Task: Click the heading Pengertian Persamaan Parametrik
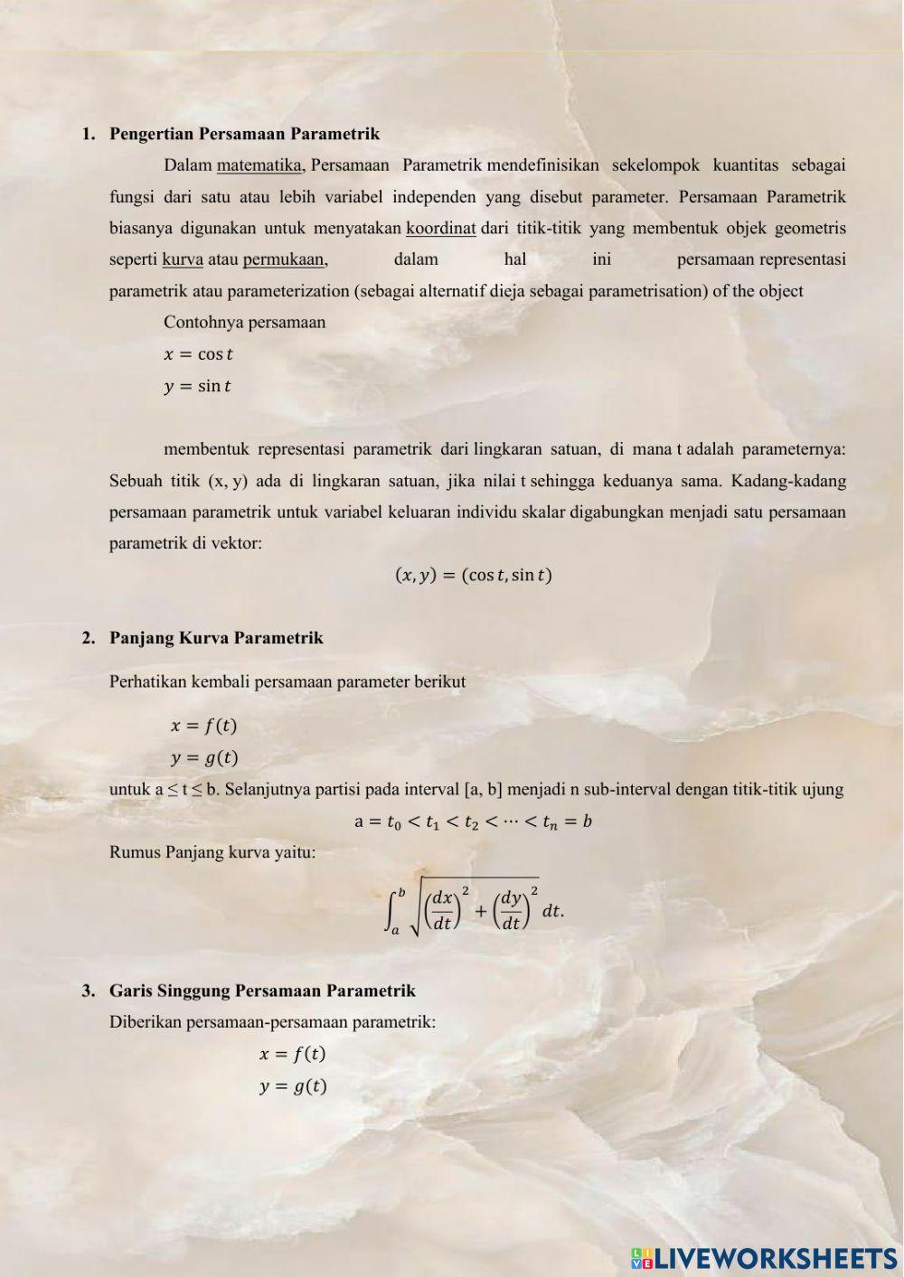[244, 134]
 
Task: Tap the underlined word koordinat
[440, 229]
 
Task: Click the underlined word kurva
[183, 260]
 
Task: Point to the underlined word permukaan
[284, 260]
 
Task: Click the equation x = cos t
[198, 354]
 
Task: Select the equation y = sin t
[197, 387]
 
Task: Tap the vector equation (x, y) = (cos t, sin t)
[474, 575]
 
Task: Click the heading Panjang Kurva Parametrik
[216, 638]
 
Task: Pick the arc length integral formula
[474, 906]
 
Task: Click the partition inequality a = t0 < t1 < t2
[473, 822]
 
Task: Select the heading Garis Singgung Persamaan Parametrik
[262, 991]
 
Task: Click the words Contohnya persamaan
[244, 323]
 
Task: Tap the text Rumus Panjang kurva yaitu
[212, 852]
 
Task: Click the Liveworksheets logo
[764, 1257]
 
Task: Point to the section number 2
[88, 638]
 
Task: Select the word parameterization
[287, 291]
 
